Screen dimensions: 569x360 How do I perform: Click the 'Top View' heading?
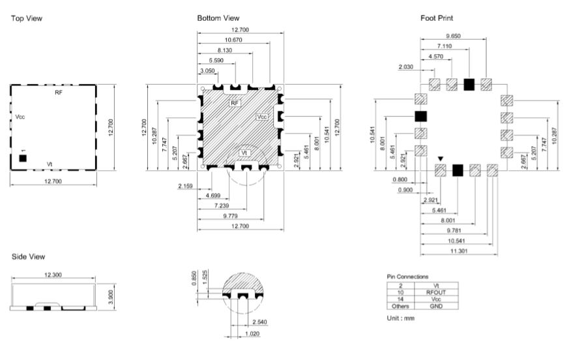(27, 18)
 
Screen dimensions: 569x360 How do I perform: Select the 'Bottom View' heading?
(218, 18)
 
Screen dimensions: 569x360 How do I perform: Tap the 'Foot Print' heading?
(437, 18)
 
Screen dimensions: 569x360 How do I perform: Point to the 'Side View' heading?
(28, 257)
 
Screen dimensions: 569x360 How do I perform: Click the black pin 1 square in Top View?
(23, 158)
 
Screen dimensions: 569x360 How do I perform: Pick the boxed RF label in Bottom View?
(235, 103)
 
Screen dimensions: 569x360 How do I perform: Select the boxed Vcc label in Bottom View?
(261, 117)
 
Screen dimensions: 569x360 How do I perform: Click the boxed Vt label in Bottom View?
(244, 153)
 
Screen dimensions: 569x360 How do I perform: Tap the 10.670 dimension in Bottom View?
(233, 40)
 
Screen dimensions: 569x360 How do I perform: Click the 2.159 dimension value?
(185, 186)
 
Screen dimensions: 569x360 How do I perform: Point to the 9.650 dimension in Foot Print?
(453, 36)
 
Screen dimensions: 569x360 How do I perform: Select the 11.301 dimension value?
(459, 251)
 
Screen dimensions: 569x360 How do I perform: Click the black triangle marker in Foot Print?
(441, 159)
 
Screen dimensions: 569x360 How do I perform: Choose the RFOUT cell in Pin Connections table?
(436, 292)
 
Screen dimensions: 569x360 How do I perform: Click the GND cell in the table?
(436, 307)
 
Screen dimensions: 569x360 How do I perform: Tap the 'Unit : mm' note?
(401, 318)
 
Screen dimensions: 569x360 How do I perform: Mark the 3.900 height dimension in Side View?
(111, 297)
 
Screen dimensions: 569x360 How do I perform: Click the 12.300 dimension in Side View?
(53, 275)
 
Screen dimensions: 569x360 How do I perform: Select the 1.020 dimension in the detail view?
(252, 334)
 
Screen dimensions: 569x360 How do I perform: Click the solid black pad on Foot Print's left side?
(420, 116)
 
